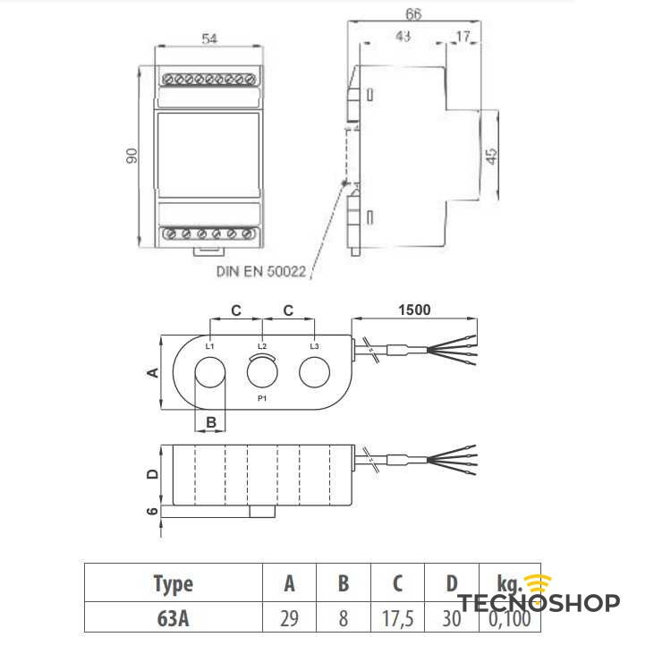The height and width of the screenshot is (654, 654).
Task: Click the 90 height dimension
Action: pos(131,156)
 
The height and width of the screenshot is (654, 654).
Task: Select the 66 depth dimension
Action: pos(412,14)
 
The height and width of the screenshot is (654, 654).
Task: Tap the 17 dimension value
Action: pos(462,37)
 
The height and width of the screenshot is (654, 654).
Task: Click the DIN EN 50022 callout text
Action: pos(259,269)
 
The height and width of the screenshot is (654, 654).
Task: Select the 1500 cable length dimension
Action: pos(414,310)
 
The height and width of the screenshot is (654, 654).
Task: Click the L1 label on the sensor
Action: pos(209,345)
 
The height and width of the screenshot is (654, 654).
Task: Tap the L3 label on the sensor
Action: pos(314,345)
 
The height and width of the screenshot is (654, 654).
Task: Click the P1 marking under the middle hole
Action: pos(262,396)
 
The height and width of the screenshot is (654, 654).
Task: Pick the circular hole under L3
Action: pos(314,372)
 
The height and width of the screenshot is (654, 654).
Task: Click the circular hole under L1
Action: pos(209,372)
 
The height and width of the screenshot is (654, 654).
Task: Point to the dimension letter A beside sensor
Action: pos(152,372)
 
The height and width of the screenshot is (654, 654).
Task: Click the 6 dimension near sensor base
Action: pos(152,512)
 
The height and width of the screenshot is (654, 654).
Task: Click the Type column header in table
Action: pos(173,584)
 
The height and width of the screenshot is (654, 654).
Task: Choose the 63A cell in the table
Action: pos(173,618)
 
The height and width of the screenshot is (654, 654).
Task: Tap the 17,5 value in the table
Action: pos(397,618)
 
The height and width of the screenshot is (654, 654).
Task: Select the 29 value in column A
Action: pos(289,618)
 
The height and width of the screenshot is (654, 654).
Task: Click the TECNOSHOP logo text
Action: pos(539,602)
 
